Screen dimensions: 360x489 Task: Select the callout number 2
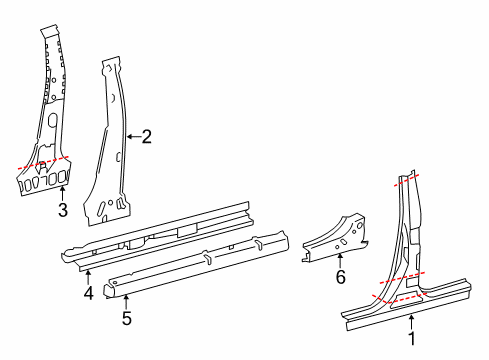146,136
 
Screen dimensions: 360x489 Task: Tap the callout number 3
62,210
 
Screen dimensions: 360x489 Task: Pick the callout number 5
126,319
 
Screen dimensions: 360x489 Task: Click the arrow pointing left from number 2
132,136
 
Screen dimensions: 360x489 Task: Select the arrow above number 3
62,194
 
